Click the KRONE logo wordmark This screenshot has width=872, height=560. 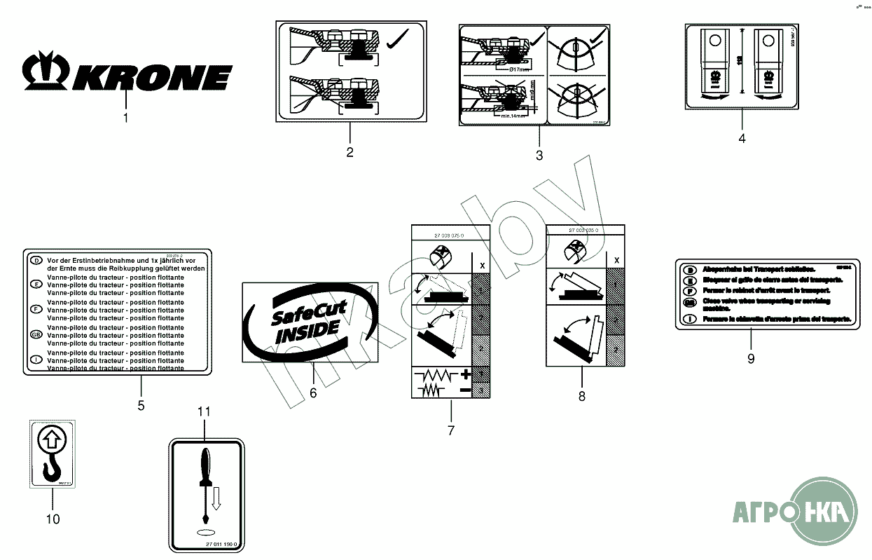[x=155, y=74]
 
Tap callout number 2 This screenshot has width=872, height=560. [x=350, y=151]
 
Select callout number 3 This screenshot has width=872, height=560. [x=539, y=156]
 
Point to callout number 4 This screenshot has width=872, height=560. [x=742, y=138]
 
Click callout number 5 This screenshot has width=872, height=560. [x=141, y=405]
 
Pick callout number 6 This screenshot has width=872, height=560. [x=313, y=393]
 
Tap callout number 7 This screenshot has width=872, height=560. [x=450, y=430]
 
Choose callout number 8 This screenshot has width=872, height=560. [x=581, y=396]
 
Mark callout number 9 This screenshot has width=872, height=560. [x=751, y=358]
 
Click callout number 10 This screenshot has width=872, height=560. [x=53, y=519]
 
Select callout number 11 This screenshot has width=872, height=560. [x=204, y=412]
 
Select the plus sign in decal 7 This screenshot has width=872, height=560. [x=464, y=374]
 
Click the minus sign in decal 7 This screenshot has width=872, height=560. [x=464, y=388]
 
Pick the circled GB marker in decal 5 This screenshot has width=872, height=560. [x=36, y=335]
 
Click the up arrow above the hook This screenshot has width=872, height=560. [x=52, y=441]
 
